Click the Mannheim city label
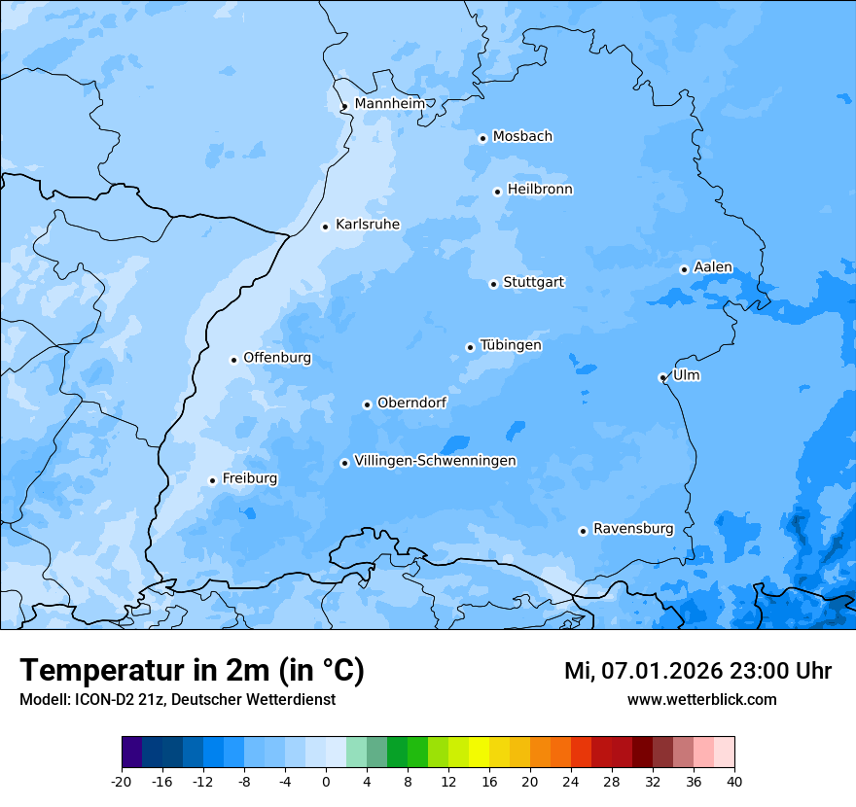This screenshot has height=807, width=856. click(389, 104)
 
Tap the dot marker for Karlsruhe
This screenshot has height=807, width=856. click(326, 227)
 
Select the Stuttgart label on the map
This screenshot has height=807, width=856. click(533, 283)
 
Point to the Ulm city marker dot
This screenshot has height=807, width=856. click(662, 377)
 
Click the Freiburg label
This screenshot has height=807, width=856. click(249, 478)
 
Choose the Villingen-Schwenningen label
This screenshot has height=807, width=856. click(435, 461)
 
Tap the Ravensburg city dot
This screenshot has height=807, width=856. click(583, 531)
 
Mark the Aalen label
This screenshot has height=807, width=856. click(712, 267)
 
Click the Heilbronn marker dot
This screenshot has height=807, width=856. click(497, 192)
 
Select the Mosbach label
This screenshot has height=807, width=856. click(522, 137)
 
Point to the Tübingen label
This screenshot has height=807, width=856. click(510, 345)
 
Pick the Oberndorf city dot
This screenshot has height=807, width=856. click(367, 404)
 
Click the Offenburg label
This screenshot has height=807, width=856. click(277, 358)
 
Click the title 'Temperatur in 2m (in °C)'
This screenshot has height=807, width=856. click(192, 671)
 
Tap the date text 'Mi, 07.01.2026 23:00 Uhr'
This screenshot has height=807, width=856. click(697, 671)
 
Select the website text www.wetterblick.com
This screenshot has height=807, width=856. click(701, 700)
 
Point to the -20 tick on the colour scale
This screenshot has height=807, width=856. click(122, 782)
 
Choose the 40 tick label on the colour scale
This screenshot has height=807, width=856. click(733, 782)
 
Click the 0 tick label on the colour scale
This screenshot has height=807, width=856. click(326, 782)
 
